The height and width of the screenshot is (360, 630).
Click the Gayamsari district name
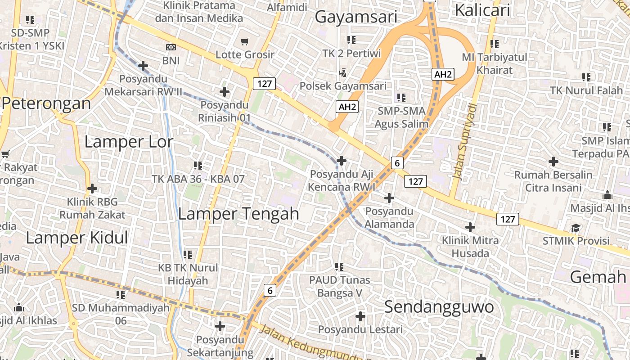click(x=356, y=17)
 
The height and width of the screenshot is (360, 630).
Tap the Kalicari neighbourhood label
click(x=482, y=10)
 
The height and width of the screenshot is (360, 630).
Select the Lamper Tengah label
click(x=238, y=213)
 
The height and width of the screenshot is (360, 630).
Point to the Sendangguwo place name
click(x=439, y=307)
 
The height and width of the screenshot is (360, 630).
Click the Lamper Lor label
click(x=129, y=142)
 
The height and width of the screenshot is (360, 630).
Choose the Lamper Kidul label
click(x=77, y=238)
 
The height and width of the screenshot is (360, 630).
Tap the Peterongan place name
click(x=46, y=103)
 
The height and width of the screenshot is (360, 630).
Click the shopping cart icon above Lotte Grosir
click(x=245, y=42)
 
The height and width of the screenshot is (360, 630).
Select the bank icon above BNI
click(x=171, y=47)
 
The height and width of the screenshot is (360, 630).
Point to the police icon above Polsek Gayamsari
click(x=343, y=72)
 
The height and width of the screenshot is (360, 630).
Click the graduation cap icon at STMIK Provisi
click(x=576, y=228)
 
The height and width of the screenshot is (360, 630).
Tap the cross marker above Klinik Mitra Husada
click(x=470, y=227)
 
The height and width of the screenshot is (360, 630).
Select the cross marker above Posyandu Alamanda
click(x=389, y=198)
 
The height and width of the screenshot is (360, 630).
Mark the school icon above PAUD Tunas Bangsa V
click(x=339, y=267)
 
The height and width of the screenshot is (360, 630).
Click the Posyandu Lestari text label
click(x=360, y=329)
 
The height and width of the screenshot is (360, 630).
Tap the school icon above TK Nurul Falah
click(x=586, y=77)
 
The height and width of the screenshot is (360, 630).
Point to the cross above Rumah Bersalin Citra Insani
click(x=553, y=161)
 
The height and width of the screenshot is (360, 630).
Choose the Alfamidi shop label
click(x=287, y=7)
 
